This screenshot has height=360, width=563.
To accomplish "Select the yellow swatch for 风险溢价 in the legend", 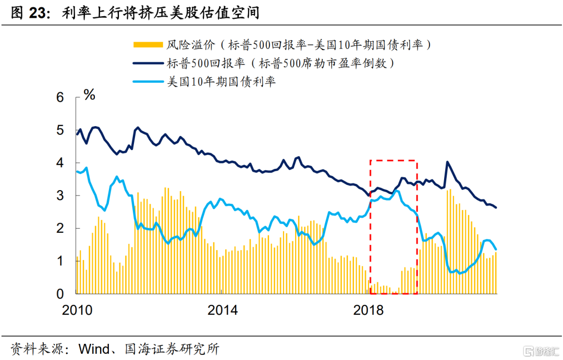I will point(148,45).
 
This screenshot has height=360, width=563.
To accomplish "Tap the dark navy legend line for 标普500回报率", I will point(148,64).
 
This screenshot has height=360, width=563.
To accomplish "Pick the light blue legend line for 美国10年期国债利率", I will point(148,82).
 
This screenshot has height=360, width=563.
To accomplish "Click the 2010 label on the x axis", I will point(77,311).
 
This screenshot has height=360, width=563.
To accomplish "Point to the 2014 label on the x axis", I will point(223,311).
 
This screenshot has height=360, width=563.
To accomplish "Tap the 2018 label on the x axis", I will point(368,311).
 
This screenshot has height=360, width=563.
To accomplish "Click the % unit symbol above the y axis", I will point(90,94).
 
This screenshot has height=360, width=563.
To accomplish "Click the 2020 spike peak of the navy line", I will point(447,162).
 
